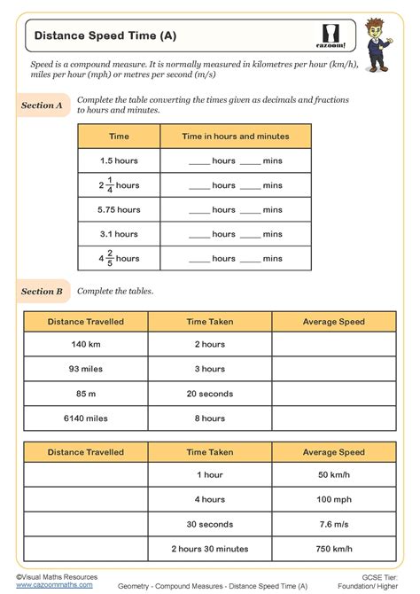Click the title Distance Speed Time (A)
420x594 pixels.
click(105, 36)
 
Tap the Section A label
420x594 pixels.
click(42, 106)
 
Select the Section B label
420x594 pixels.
click(42, 291)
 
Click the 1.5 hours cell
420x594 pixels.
click(119, 160)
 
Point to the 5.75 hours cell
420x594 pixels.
click(119, 210)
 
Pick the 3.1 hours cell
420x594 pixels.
click(119, 234)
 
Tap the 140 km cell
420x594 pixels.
click(85, 345)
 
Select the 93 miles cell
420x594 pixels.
click(85, 369)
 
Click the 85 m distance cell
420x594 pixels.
click(85, 393)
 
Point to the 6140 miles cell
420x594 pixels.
click(85, 418)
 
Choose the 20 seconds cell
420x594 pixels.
click(210, 393)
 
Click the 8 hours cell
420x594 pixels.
click(210, 418)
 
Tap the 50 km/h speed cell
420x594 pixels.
click(333, 475)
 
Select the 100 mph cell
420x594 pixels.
click(333, 499)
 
